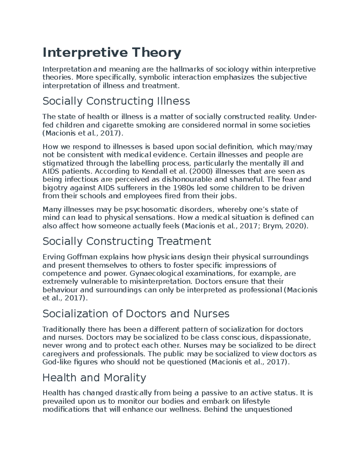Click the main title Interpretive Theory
click(x=112, y=53)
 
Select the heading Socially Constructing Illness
click(x=116, y=101)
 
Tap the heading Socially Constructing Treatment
click(x=127, y=241)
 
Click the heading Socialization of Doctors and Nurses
click(x=136, y=314)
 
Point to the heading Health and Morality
click(x=94, y=377)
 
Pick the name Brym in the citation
click(x=271, y=226)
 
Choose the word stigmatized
click(x=63, y=163)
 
